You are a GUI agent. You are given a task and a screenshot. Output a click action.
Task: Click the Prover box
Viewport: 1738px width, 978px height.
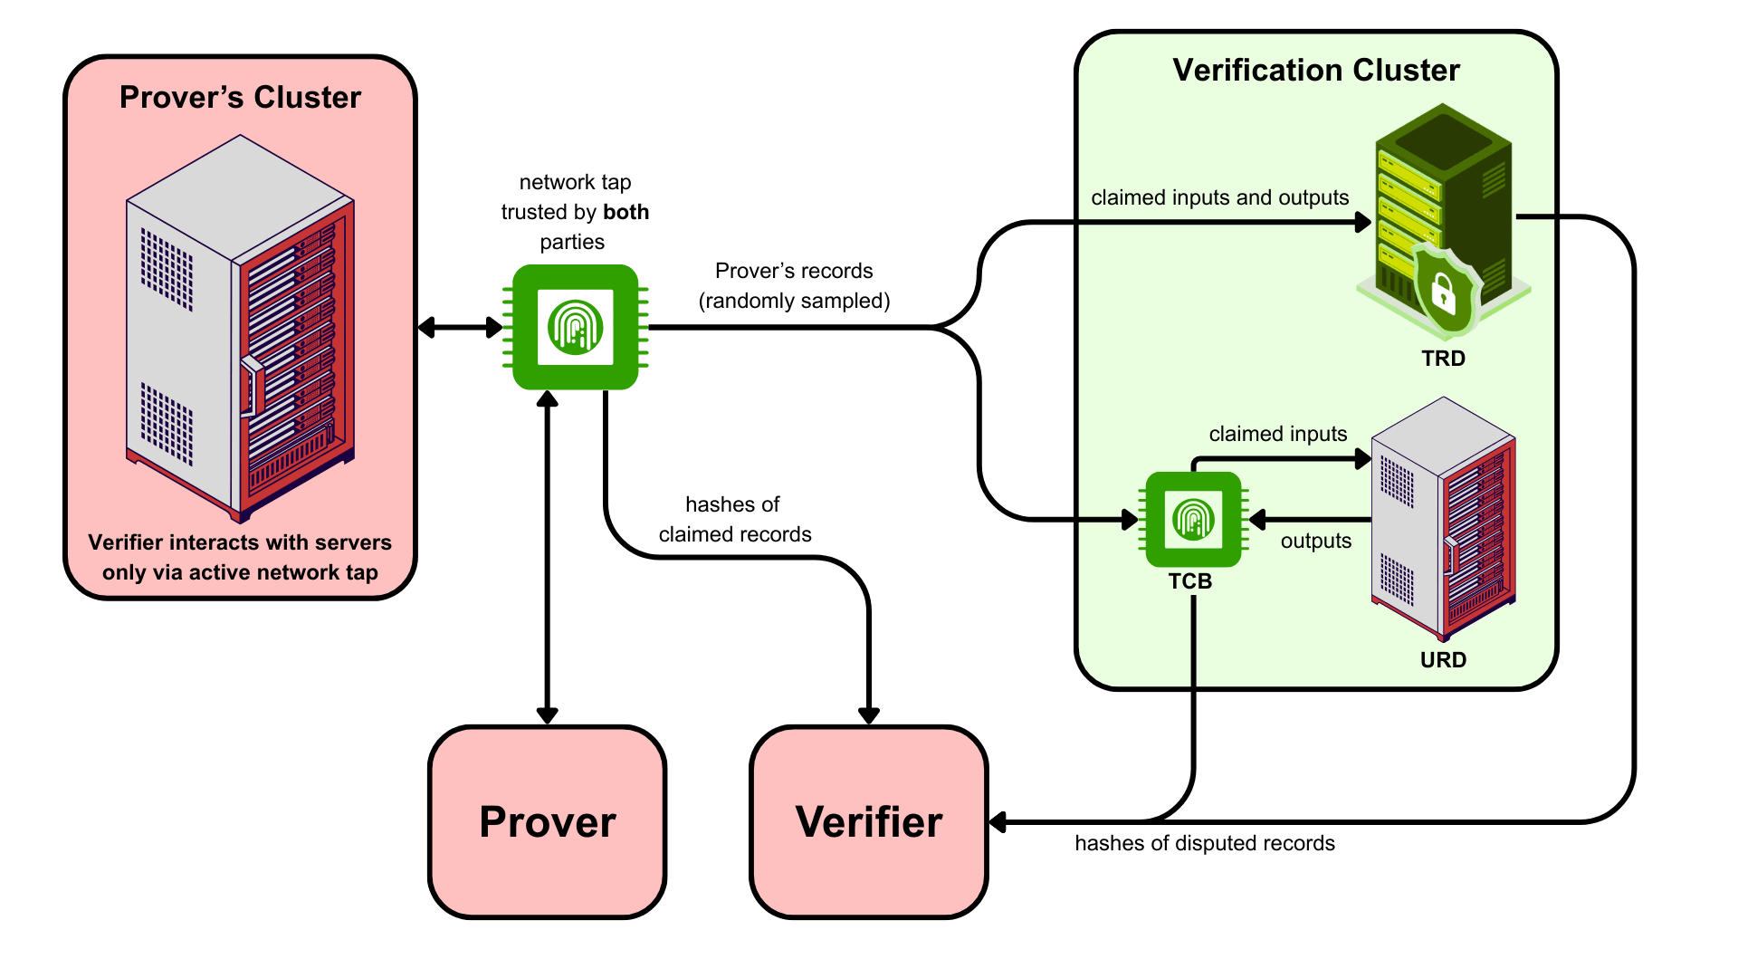[x=548, y=822]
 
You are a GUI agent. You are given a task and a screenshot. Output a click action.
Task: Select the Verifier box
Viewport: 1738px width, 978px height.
[x=869, y=822]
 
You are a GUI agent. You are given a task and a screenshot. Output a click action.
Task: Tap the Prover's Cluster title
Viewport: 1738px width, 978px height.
[x=240, y=98]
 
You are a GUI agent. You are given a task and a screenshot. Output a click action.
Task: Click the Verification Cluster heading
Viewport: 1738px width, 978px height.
[x=1316, y=71]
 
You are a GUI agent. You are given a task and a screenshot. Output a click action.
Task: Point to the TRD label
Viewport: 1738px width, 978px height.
[x=1443, y=359]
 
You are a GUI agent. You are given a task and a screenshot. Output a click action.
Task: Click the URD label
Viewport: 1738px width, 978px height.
[x=1443, y=660]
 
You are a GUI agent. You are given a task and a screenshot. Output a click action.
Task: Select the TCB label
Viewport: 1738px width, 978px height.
[x=1189, y=581]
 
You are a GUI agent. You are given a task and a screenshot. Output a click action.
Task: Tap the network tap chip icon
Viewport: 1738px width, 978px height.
[x=576, y=327]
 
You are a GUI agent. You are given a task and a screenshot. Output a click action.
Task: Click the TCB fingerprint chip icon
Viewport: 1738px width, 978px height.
[x=1193, y=520]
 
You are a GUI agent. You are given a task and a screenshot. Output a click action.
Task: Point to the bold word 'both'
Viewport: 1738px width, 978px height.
[x=626, y=212]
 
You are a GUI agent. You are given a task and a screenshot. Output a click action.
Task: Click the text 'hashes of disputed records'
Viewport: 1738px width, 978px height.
[x=1205, y=843]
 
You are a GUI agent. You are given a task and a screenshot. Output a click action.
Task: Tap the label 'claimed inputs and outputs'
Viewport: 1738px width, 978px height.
[x=1219, y=197]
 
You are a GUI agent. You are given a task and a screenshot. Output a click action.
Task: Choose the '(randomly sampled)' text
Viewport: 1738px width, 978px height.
[x=794, y=301]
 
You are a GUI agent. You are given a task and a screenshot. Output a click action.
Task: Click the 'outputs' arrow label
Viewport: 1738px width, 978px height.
[x=1315, y=541]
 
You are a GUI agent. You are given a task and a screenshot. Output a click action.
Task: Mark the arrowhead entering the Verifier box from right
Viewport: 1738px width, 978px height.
[x=998, y=822]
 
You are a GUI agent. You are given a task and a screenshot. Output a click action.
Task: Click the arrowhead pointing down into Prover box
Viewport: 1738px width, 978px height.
[x=548, y=715]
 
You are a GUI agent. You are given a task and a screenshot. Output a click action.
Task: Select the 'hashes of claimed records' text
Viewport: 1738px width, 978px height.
[x=734, y=519]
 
